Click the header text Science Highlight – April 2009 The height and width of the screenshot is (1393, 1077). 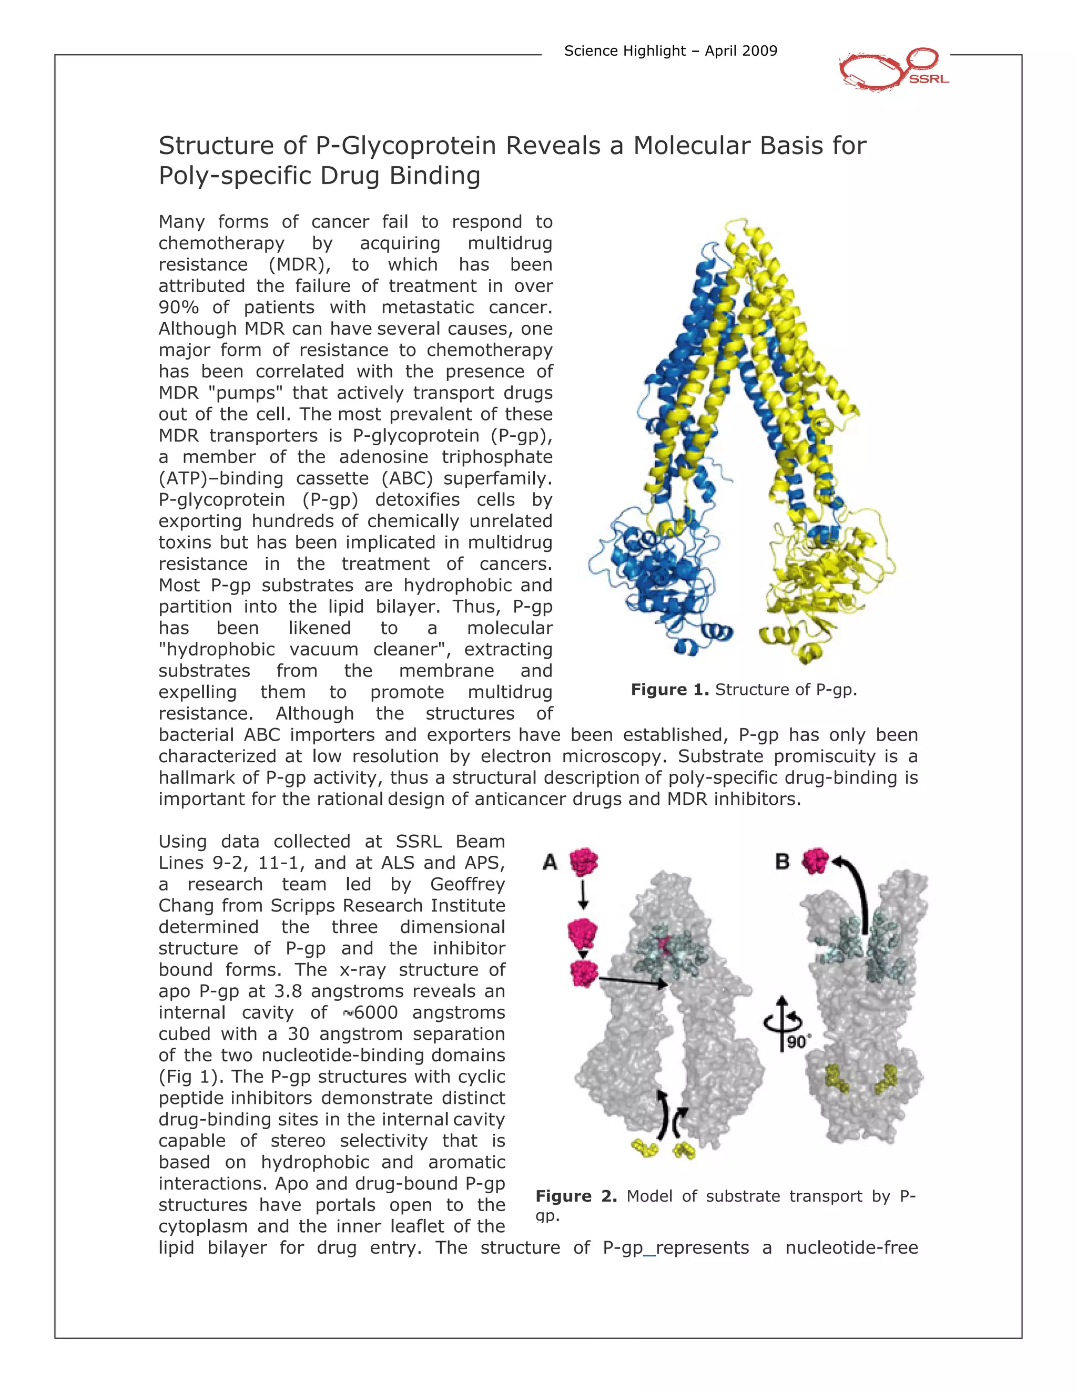click(670, 51)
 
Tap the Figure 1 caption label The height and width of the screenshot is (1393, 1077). click(669, 690)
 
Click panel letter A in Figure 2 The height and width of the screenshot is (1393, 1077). click(550, 862)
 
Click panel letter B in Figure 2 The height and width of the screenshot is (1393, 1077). click(782, 862)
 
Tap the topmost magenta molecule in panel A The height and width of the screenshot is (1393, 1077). click(584, 862)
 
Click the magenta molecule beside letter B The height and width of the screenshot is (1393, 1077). click(816, 861)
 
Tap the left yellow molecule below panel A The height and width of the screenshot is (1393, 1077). click(644, 1149)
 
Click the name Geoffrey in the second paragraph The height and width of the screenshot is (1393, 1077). click(467, 885)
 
